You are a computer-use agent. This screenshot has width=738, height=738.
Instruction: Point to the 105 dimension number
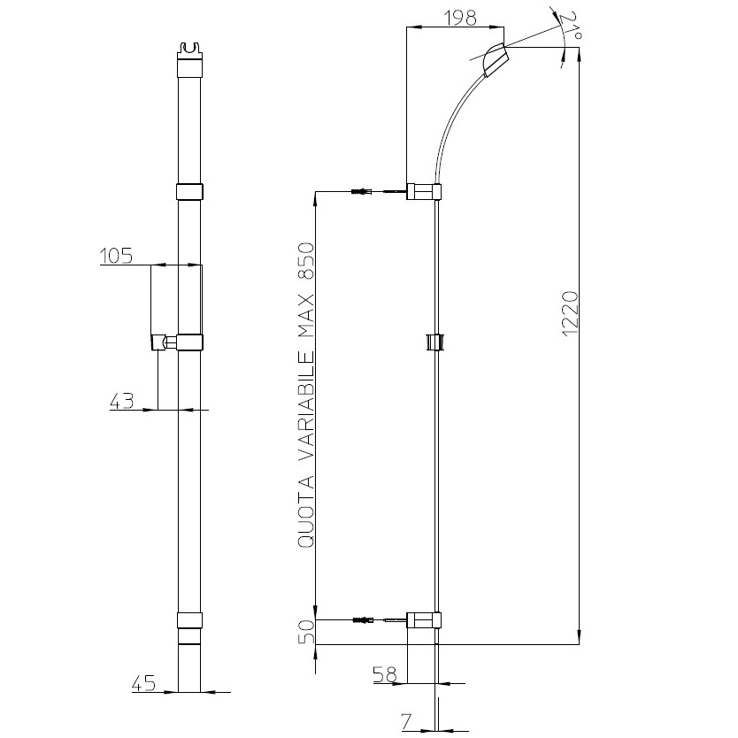[115, 256]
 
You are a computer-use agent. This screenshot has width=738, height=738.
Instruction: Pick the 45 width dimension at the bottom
[143, 682]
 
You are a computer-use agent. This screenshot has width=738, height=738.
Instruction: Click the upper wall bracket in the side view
[424, 191]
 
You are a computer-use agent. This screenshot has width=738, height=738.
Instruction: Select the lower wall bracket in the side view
[423, 620]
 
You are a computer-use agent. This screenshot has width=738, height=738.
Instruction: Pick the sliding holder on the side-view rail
[434, 342]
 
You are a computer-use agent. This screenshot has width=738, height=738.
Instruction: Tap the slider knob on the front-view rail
[162, 342]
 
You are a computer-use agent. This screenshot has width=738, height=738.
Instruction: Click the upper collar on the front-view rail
[188, 192]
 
